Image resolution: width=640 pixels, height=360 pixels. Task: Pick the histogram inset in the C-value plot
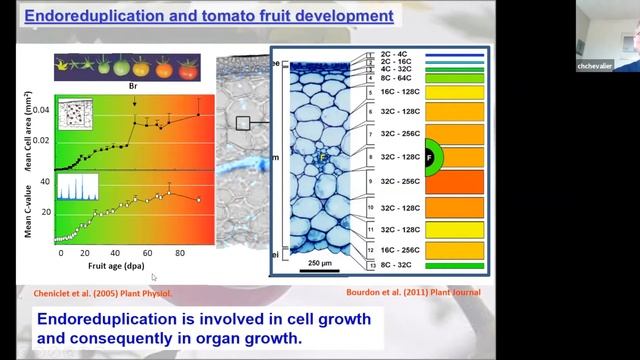click(x=76, y=189)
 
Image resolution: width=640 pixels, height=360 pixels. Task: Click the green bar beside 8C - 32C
click(x=455, y=266)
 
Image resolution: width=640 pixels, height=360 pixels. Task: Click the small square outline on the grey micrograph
click(x=241, y=123)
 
